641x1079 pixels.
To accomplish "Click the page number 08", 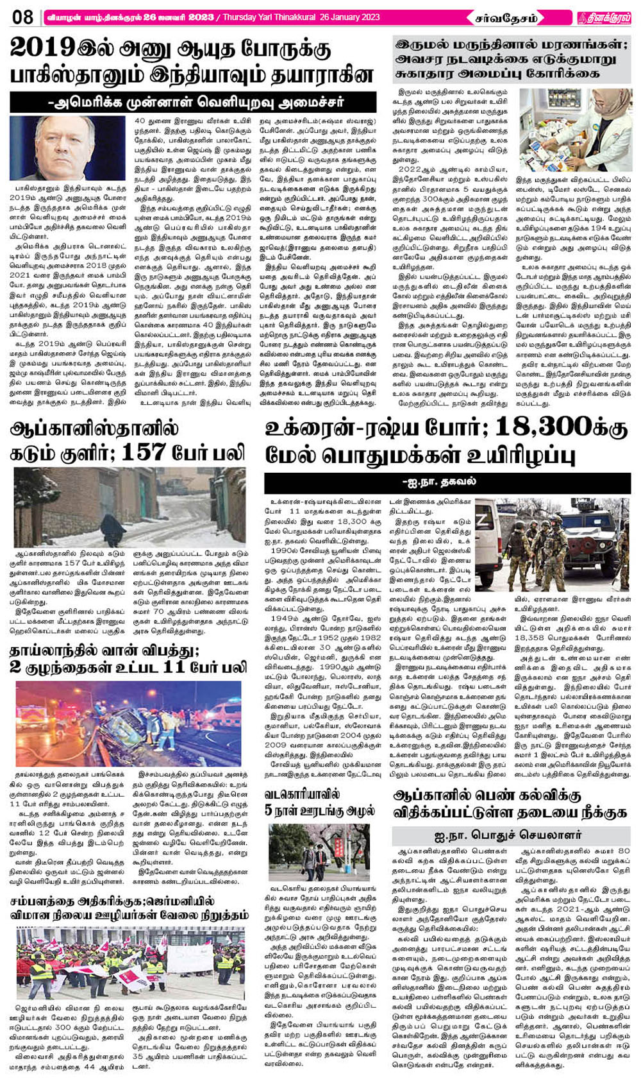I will (22, 17).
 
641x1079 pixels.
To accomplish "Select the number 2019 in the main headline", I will (41, 49).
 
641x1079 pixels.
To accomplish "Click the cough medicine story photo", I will (574, 130).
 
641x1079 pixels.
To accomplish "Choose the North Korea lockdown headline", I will (319, 801).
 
